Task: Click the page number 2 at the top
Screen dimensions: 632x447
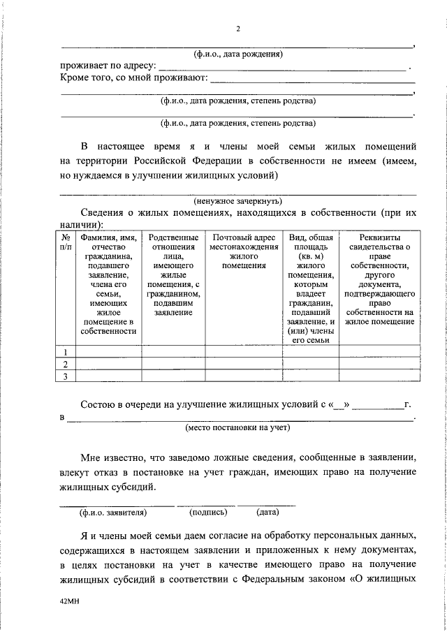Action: tap(237, 29)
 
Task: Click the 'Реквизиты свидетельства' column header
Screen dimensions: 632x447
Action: tap(380, 279)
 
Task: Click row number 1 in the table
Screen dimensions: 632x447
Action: tap(66, 352)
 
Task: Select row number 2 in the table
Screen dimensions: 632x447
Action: tap(66, 365)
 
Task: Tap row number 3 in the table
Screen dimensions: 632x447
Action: tap(66, 377)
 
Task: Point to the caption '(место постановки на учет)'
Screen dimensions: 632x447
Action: tap(237, 427)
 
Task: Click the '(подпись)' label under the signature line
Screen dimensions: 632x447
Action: tap(208, 512)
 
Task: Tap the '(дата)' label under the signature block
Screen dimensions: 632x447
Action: tap(268, 512)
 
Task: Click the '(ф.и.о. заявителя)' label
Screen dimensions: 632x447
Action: tap(113, 512)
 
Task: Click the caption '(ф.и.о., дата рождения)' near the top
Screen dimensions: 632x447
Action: tap(237, 54)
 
